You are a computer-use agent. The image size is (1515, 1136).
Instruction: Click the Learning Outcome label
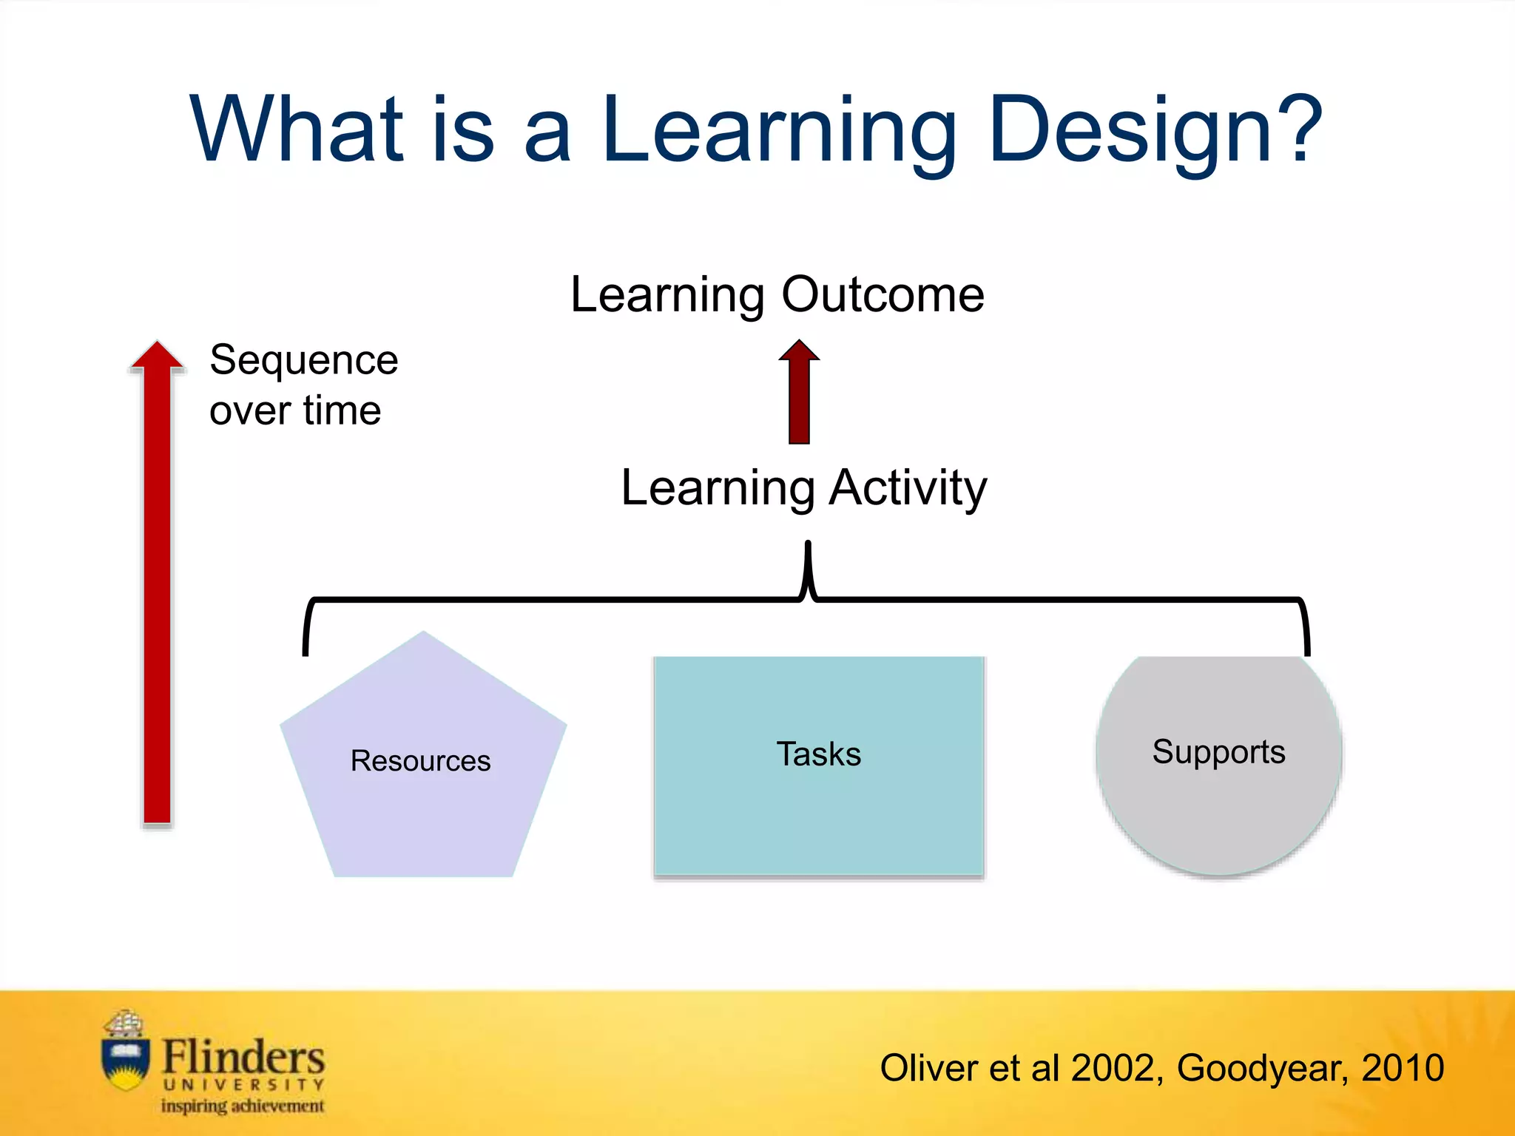(777, 295)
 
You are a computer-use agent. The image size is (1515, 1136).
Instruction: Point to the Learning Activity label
(803, 488)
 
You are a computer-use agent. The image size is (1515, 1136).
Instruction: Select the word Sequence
(303, 361)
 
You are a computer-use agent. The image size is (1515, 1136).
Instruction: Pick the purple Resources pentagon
(423, 799)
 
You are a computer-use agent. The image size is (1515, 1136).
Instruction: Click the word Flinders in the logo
(243, 1057)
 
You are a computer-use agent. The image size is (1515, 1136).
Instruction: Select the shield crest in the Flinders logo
(125, 1062)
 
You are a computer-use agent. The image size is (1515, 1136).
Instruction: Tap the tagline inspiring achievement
(243, 1106)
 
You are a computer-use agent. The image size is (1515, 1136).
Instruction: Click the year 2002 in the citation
(1112, 1069)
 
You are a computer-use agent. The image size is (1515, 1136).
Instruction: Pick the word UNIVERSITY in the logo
(243, 1085)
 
